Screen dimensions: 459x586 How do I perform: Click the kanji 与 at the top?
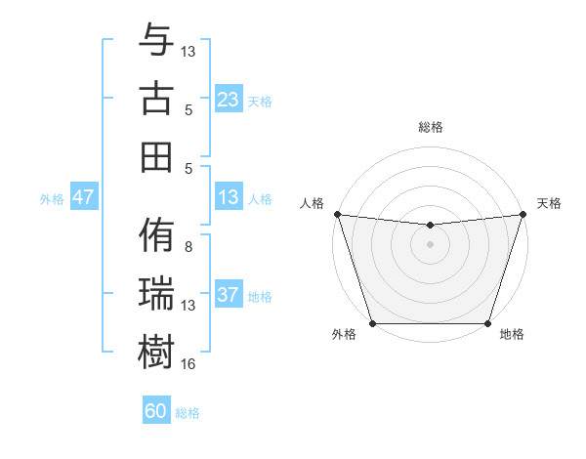[156, 41]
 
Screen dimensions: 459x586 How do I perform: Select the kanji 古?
[156, 99]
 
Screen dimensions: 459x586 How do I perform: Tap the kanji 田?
[156, 156]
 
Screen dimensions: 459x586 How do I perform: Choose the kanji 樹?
[156, 352]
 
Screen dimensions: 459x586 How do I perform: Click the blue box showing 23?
[228, 100]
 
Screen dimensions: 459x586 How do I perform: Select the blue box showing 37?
[228, 295]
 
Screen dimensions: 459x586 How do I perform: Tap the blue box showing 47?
[83, 197]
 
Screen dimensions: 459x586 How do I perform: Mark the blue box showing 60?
[155, 411]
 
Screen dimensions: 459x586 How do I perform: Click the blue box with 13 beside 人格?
[228, 197]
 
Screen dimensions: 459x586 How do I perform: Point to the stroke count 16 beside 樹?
[188, 364]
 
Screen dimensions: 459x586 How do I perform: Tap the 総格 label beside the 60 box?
[188, 413]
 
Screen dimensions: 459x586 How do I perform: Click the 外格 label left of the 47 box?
[52, 199]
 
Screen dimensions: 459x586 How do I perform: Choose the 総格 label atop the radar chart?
[430, 127]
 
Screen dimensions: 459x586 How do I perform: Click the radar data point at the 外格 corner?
[372, 323]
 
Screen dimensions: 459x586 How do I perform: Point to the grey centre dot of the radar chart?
[430, 244]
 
